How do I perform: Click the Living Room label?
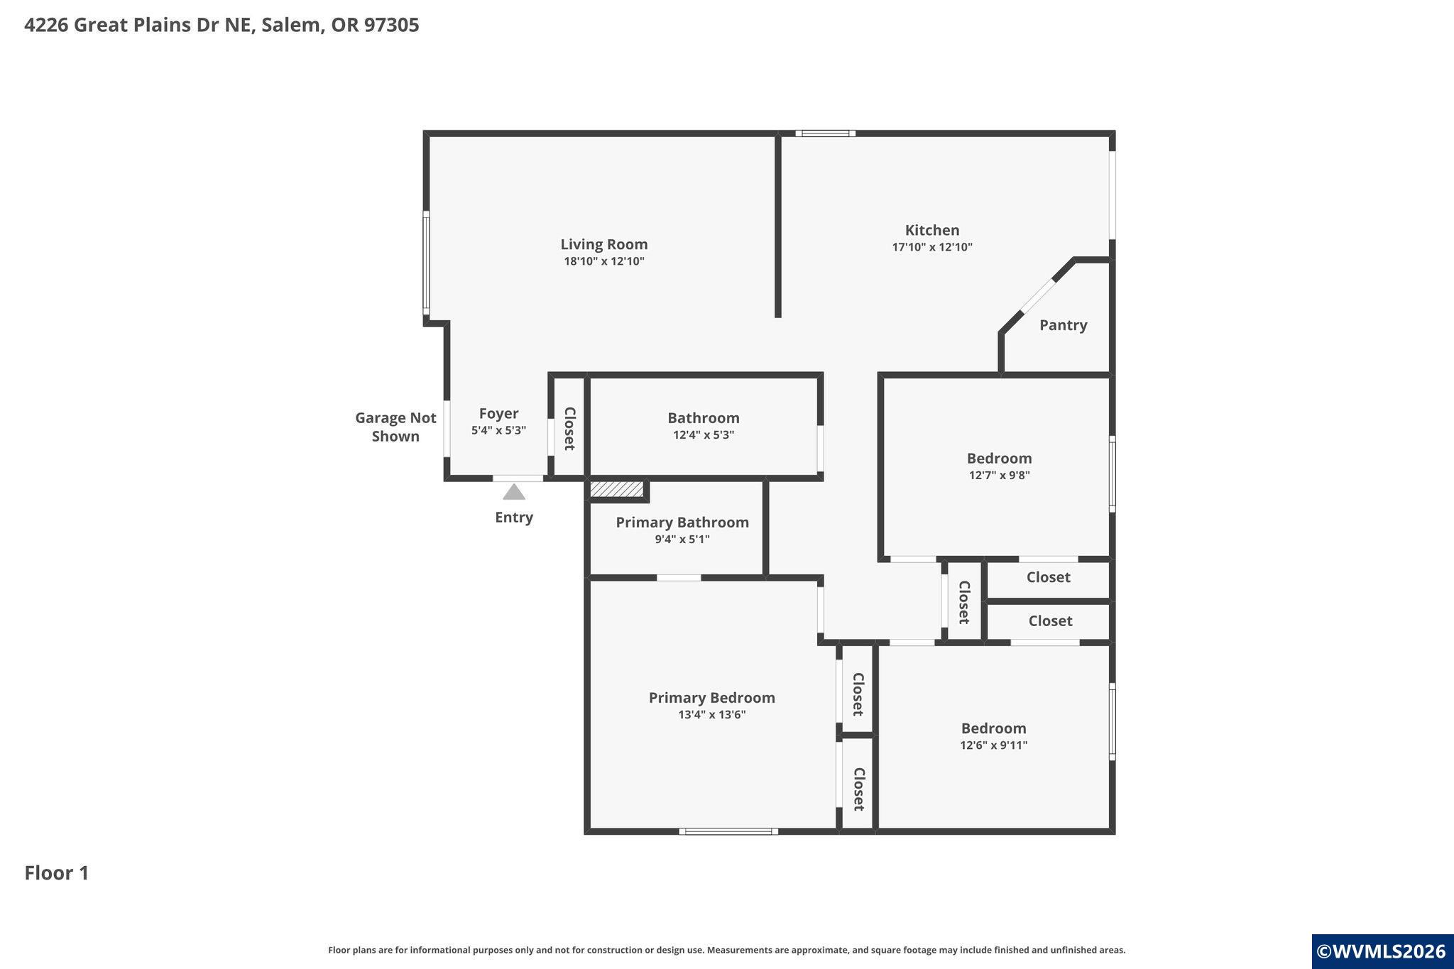(604, 244)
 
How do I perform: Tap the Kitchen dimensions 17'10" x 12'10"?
(932, 247)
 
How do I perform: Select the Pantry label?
(1063, 325)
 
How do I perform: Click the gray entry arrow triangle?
(514, 491)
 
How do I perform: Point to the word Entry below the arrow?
(514, 518)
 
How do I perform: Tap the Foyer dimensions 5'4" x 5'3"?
(498, 430)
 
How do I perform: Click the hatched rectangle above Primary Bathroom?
(617, 489)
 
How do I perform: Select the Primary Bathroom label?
(682, 522)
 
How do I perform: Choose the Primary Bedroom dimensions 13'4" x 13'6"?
(712, 715)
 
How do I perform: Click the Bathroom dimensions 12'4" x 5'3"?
(704, 435)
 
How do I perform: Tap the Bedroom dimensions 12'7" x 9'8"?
(1000, 476)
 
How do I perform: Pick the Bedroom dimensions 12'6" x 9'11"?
(994, 745)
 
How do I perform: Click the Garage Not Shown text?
(395, 427)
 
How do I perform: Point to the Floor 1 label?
(57, 873)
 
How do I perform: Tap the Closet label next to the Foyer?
(569, 429)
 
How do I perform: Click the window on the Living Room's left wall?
(426, 263)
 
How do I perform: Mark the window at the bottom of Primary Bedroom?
(728, 831)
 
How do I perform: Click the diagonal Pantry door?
(1038, 296)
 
